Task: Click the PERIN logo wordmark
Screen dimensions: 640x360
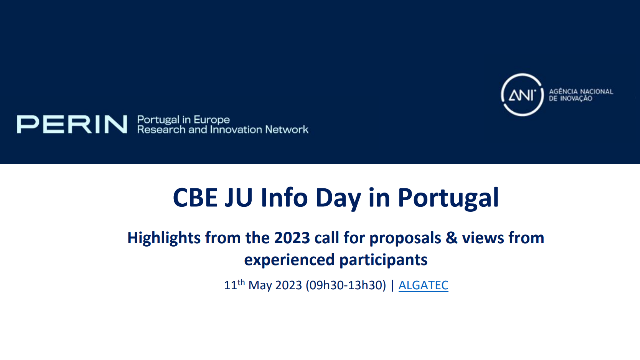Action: point(72,124)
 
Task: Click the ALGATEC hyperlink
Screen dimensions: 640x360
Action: point(423,285)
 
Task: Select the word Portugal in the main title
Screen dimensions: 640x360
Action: point(448,198)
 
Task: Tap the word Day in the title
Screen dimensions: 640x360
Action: point(338,199)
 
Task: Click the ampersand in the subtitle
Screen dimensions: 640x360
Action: point(452,238)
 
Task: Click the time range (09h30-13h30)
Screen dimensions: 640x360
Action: point(346,286)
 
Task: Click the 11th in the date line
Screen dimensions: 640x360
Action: point(234,285)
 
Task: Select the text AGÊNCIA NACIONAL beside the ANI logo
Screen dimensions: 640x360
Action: point(581,91)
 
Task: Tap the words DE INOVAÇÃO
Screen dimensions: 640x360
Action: point(570,99)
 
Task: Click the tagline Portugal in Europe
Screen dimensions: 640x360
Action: point(183,120)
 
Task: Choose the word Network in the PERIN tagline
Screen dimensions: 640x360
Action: point(287,129)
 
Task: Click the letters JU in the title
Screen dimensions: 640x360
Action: point(239,198)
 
